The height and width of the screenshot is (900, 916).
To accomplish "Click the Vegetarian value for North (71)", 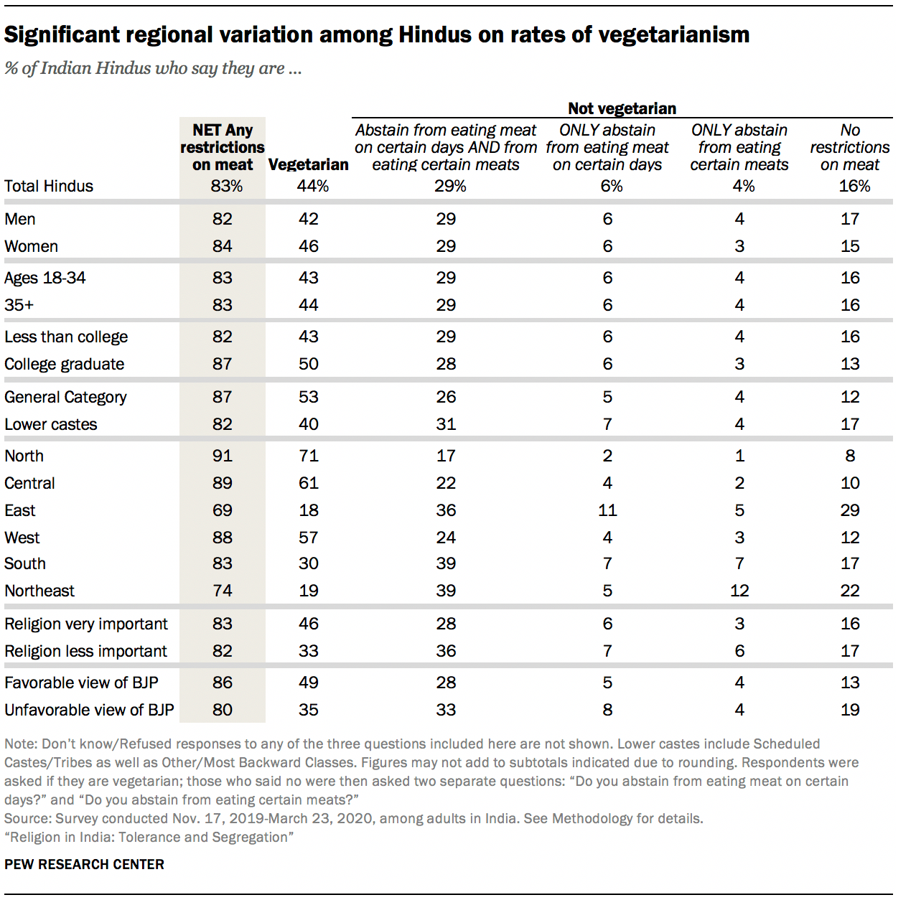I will (308, 456).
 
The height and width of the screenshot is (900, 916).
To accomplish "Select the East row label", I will (20, 510).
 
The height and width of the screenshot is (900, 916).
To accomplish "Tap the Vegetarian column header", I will (308, 164).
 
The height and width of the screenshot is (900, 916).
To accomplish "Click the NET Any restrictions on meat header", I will (222, 147).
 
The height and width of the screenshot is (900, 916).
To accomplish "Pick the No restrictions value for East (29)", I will (850, 510).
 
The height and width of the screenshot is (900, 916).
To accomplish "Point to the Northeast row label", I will (39, 591).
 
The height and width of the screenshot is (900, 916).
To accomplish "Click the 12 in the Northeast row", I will (739, 591).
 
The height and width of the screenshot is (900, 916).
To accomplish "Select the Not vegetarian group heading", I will (622, 108).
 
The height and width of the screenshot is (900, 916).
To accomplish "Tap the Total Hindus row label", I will (49, 186).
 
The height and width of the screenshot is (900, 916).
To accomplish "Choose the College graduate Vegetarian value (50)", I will (308, 364).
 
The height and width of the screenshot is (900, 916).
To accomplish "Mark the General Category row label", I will (65, 397).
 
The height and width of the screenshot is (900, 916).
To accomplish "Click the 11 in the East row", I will (607, 510).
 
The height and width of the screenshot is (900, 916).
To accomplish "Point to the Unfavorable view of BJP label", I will (89, 710).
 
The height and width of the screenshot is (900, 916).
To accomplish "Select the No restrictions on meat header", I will (849, 147).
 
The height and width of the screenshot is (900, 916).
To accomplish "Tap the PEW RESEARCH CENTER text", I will (84, 864).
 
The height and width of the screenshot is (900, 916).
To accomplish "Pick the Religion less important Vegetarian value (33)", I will (308, 651).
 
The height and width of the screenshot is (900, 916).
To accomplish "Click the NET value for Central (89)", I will (222, 483).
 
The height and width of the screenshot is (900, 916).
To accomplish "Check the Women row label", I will (31, 246).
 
